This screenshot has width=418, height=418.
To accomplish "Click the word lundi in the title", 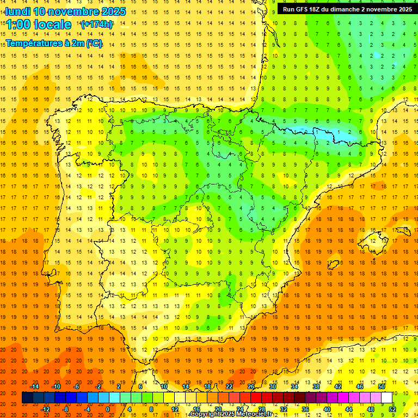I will pos(17,11).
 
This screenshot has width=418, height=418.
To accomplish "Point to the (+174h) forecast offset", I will pos(97,24).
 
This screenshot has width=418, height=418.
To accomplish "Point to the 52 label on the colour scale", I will pos(392,409).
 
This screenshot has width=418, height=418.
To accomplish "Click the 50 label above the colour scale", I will pos(381,386).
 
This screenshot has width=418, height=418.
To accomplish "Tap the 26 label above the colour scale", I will pos(251,386).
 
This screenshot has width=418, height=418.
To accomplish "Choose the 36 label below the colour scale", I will pos(305,409).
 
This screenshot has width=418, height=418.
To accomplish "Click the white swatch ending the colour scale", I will pos(386,398).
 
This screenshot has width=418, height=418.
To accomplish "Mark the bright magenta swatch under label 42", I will pos(338,398).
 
